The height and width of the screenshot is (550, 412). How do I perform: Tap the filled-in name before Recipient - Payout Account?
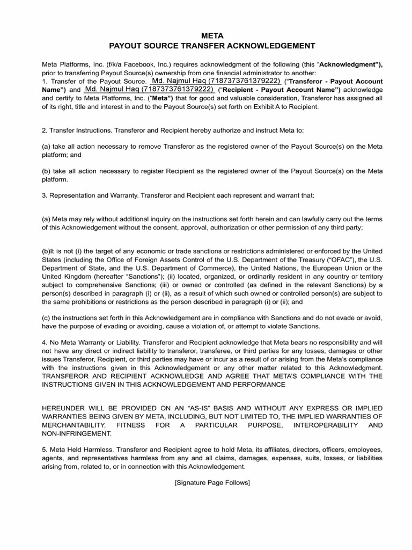pos(149,89)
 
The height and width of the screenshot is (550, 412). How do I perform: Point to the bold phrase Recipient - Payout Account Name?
pos(279,90)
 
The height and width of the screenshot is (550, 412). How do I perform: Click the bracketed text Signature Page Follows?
pos(212,482)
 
